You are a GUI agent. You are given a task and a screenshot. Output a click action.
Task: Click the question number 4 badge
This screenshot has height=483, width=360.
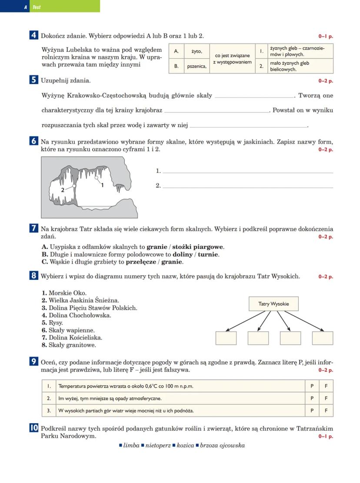(33, 36)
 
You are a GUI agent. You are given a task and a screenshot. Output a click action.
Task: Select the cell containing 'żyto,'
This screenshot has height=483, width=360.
(197, 51)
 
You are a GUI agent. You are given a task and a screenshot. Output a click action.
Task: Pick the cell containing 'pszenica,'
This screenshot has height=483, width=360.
(197, 66)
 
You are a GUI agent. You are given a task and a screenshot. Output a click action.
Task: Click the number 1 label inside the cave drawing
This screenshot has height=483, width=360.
(102, 185)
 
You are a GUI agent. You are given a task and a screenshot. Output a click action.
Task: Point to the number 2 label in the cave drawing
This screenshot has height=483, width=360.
(63, 190)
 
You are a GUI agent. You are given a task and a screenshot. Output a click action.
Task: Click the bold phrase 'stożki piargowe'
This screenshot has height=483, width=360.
(199, 247)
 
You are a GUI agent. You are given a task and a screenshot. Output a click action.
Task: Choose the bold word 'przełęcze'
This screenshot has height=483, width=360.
(141, 262)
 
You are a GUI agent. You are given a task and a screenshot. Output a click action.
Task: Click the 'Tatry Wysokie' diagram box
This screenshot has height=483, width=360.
(273, 304)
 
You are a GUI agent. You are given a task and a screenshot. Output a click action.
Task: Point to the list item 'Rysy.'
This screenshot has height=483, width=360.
(55, 323)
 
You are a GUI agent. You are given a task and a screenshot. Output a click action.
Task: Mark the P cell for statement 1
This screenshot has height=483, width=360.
(312, 386)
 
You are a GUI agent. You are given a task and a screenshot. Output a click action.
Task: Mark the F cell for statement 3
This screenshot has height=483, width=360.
(326, 410)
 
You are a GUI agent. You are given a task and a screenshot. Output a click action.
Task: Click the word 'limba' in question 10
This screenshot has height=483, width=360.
(131, 445)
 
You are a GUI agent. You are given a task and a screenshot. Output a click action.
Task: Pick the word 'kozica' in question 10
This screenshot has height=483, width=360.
(185, 445)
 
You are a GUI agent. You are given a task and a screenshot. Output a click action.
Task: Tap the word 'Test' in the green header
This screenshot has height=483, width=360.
(37, 7)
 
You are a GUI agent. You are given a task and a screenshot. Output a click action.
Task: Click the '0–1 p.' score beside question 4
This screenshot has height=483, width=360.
(326, 37)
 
